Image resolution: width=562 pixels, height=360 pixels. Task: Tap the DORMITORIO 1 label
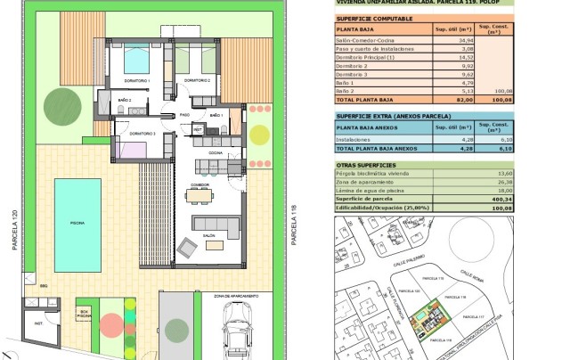pos(137,81)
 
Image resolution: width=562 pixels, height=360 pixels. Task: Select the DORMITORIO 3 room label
pos(143,134)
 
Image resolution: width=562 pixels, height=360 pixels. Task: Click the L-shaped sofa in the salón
pos(216,223)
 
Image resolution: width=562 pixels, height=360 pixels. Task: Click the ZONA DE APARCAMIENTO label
pos(236,295)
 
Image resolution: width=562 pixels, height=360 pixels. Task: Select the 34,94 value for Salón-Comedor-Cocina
pos(464,40)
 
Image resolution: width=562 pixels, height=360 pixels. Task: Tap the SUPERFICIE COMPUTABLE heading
pos(374,17)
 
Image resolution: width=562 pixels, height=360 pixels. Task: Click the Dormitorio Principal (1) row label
pos(365,56)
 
